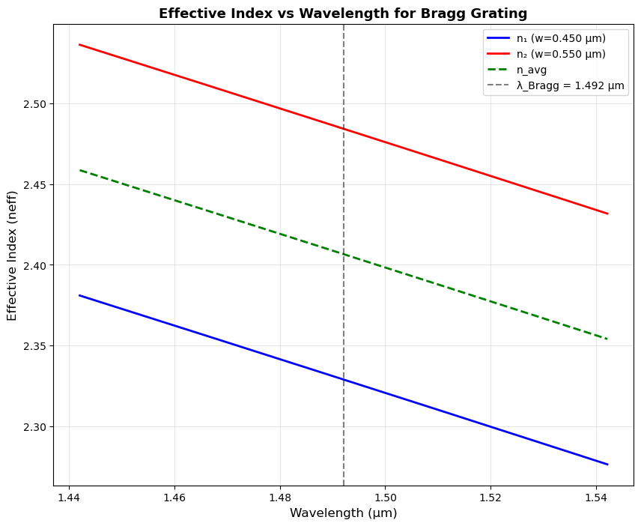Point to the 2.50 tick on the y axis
[x=34, y=104]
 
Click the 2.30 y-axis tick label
[x=34, y=427]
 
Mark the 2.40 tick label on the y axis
[x=34, y=266]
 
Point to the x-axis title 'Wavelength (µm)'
[x=343, y=513]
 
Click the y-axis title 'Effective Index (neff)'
[x=13, y=256]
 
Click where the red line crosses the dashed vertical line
[x=344, y=129]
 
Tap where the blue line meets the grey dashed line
[x=344, y=380]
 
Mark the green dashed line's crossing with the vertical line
[x=344, y=254]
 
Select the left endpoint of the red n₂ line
[x=79, y=45]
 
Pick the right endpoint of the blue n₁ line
[x=607, y=465]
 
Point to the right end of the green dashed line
[x=607, y=339]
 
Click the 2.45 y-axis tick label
[x=34, y=185]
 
